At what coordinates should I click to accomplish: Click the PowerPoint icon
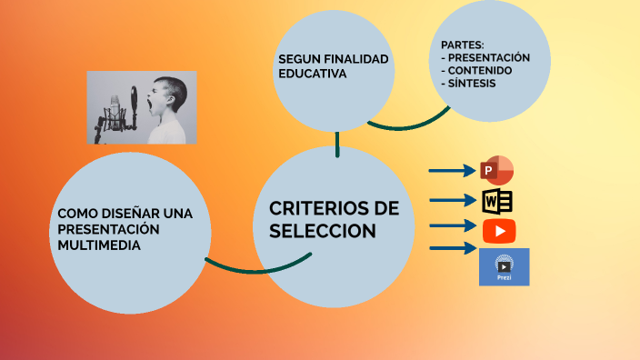496,170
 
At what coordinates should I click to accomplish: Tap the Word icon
497,201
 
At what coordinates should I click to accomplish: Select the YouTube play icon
499,231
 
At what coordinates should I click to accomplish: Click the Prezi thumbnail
504,266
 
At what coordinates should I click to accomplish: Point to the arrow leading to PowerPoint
452,170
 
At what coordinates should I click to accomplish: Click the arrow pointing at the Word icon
453,200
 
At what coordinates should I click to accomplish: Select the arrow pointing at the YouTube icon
453,225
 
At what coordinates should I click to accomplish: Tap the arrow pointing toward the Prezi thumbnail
453,247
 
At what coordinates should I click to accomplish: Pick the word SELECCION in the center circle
323,232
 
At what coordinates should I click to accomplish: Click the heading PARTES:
462,45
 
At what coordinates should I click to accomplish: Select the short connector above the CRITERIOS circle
337,144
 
